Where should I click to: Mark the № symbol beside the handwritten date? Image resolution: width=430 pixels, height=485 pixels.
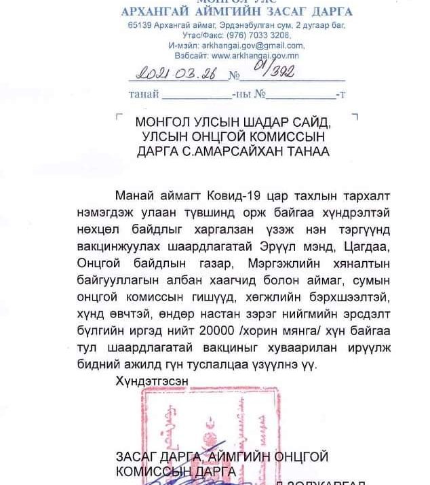coord(235,76)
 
